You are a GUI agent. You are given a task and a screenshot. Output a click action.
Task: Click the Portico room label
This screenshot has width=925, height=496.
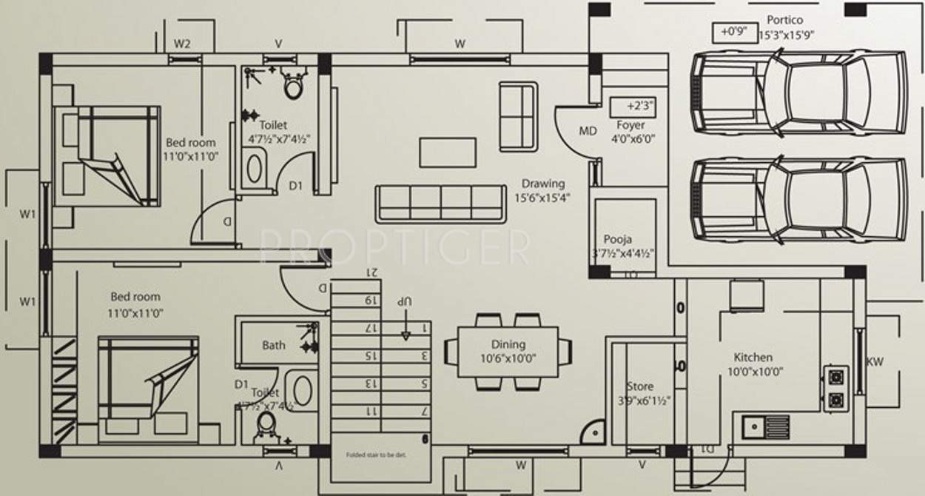[x=784, y=20]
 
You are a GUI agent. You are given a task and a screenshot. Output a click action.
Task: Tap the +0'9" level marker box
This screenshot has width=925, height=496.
[x=729, y=33]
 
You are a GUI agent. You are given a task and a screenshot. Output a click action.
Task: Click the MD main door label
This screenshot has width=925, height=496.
[x=588, y=131]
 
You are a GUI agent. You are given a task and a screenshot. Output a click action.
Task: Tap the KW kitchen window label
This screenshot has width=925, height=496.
[x=875, y=362]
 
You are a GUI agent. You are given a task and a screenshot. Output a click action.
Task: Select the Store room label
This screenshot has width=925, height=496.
[x=640, y=386]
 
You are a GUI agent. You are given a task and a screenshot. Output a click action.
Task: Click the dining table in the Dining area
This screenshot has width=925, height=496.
[x=508, y=351]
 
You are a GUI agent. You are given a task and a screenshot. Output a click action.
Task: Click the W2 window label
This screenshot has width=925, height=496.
[x=182, y=44]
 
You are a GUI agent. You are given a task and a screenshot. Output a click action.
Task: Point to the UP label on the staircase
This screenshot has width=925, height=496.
[x=403, y=303]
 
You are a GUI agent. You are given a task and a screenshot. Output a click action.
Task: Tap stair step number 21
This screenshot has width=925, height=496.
[x=371, y=272]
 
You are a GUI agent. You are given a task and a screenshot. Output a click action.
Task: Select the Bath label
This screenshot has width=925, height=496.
[x=273, y=345]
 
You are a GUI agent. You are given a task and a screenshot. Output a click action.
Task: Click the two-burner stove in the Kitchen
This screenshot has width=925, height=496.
[x=835, y=388]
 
